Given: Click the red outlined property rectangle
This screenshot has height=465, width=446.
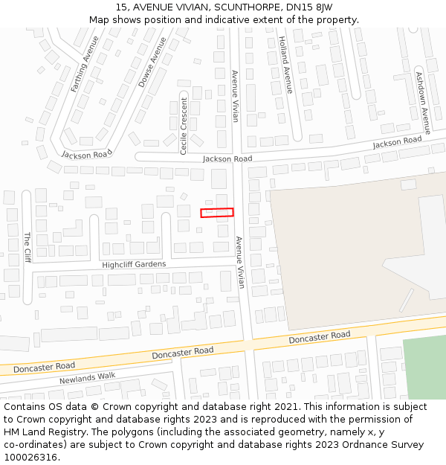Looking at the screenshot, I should pyautogui.click(x=217, y=213).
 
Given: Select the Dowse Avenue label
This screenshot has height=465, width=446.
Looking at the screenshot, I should pyautogui.click(x=152, y=62).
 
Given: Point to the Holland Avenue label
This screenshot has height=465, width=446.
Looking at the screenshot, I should pyautogui.click(x=285, y=65).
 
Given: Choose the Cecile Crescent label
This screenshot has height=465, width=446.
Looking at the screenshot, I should pyautogui.click(x=184, y=125).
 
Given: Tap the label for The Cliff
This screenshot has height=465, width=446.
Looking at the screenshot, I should pyautogui.click(x=27, y=247).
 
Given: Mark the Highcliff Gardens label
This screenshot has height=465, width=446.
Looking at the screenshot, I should pyautogui.click(x=134, y=264).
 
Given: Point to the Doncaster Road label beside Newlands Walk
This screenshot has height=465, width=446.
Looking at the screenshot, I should pyautogui.click(x=44, y=366).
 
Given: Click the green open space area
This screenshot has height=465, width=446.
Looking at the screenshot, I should pyautogui.click(x=424, y=368).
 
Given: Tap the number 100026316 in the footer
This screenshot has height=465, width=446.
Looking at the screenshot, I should pyautogui.click(x=30, y=457).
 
